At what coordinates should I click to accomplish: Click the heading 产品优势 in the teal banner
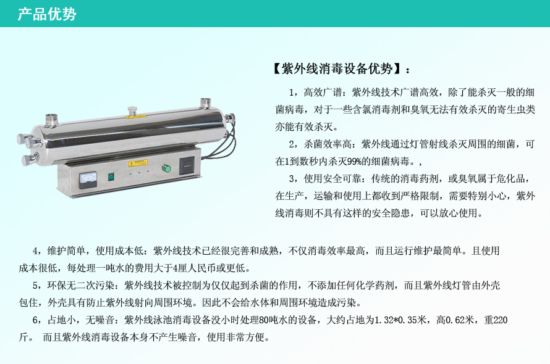tap(47, 14)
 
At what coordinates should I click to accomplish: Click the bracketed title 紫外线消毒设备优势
tap(337, 69)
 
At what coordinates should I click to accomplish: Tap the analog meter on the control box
tap(88, 180)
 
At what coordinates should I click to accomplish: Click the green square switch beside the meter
tap(111, 177)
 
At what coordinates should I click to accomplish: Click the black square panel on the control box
tap(187, 165)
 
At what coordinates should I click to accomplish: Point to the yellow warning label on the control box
tap(137, 163)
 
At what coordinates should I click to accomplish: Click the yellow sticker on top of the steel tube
tap(136, 116)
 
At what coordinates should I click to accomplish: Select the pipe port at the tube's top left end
tap(51, 119)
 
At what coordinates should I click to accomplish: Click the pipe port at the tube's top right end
tap(205, 104)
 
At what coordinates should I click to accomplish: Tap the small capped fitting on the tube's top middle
tap(132, 110)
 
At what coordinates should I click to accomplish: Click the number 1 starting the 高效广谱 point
tap(292, 93)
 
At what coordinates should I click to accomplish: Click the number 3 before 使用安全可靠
tap(292, 179)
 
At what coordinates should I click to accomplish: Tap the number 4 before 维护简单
tap(35, 251)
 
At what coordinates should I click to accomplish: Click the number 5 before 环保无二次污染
tap(35, 286)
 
